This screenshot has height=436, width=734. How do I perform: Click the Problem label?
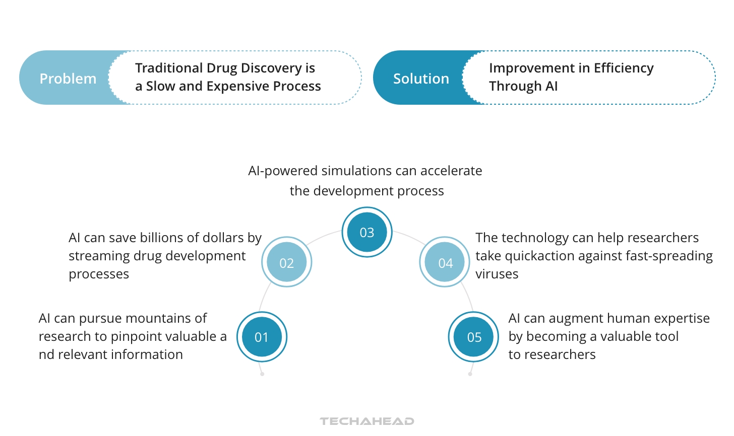(x=68, y=79)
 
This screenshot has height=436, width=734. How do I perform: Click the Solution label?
(x=421, y=79)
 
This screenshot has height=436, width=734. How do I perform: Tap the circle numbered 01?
(x=262, y=337)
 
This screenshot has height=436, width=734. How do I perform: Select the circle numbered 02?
(x=286, y=262)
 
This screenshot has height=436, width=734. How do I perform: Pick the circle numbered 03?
(x=367, y=232)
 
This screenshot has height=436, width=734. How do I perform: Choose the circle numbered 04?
(x=445, y=262)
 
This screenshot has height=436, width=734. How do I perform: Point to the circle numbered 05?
(x=474, y=337)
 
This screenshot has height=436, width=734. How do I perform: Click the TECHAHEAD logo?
(x=367, y=421)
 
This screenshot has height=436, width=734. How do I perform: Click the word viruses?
(x=497, y=274)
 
